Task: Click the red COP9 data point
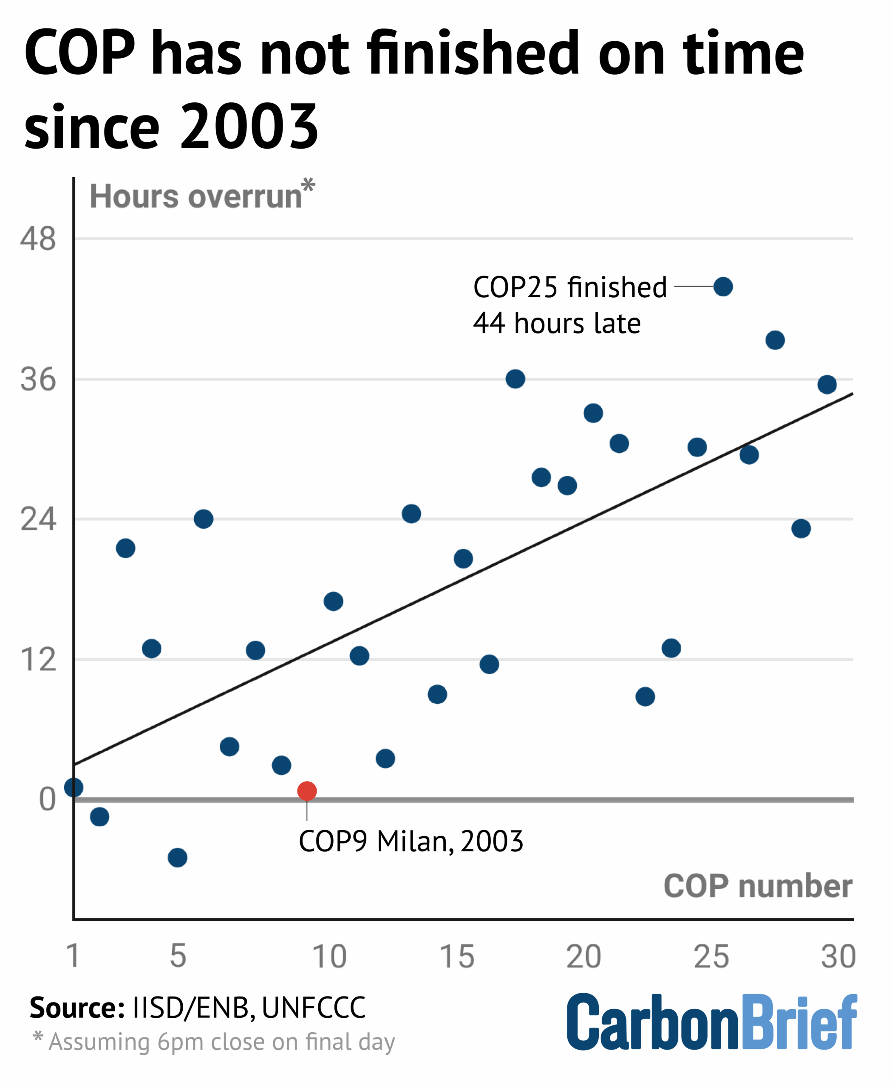pos(307,791)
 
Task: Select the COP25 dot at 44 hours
pos(723,287)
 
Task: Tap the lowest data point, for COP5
pos(177,857)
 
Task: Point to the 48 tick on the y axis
pos(37,239)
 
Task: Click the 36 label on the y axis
pos(37,380)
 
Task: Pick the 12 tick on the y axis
pos(37,659)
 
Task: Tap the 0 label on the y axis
pos(47,800)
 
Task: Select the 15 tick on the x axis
pos(457,957)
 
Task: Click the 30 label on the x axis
pos(838,957)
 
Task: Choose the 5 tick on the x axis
pos(178,956)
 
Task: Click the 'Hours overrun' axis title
pos(196,197)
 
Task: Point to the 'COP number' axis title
pos(758,886)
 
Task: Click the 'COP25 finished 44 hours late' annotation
pos(570,305)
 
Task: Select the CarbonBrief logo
pos(712,1022)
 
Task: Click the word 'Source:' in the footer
pos(77,1008)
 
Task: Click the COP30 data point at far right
pos(827,384)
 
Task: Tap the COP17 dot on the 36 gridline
pos(515,379)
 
